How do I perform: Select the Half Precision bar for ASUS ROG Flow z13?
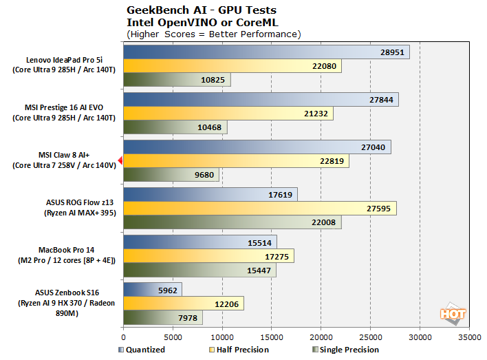(260, 208)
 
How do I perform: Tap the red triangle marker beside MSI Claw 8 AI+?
(120, 160)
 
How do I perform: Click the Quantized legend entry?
(140, 350)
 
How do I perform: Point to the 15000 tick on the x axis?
(272, 338)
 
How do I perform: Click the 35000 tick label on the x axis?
(469, 338)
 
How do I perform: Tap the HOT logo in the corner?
(453, 313)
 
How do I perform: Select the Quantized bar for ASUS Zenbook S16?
(153, 289)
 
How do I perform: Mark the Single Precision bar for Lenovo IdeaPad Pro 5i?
(177, 80)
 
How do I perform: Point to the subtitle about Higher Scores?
(213, 34)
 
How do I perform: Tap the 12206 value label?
(228, 304)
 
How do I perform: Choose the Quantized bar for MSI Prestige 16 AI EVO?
(261, 100)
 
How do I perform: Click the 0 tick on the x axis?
(124, 338)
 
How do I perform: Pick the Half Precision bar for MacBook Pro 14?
(208, 255)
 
